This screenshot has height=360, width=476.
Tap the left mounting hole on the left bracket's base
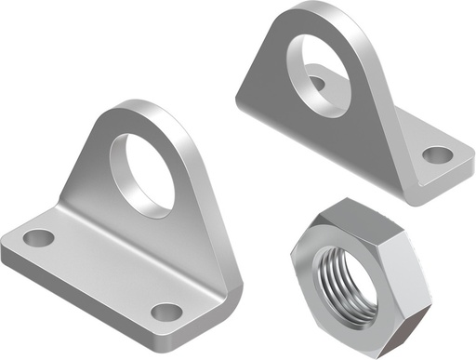tap(39, 237)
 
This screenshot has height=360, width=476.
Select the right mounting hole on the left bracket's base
tap(165, 312)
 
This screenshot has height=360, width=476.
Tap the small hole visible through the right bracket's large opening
tap(316, 85)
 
